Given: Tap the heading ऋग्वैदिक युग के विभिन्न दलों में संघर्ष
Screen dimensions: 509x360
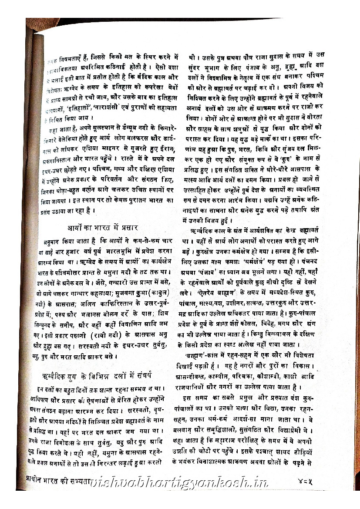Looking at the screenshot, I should coord(101,376).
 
